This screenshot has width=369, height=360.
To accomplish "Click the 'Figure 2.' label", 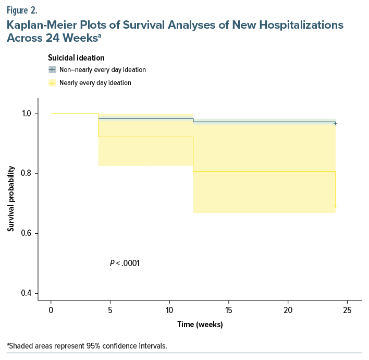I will [22, 9].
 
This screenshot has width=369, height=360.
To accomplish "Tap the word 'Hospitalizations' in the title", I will [300, 25].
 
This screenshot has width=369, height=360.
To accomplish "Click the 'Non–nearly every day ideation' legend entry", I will [102, 69].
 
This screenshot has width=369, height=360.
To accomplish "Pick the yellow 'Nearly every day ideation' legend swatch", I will [52, 82].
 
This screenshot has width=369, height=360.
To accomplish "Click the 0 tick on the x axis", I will [51, 310].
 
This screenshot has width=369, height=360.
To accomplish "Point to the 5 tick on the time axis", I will [110, 310].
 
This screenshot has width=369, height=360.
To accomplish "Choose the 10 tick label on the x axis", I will [169, 310].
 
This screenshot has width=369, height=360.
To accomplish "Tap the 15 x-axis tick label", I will [229, 310].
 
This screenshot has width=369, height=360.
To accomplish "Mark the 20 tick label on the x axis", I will [288, 310].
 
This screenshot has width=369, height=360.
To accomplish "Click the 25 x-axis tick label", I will [348, 310].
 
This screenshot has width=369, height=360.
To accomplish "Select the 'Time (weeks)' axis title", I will [200, 325].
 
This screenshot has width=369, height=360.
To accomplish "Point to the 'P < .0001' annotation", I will [125, 263].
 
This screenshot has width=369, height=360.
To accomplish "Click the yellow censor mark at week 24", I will [335, 206].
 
